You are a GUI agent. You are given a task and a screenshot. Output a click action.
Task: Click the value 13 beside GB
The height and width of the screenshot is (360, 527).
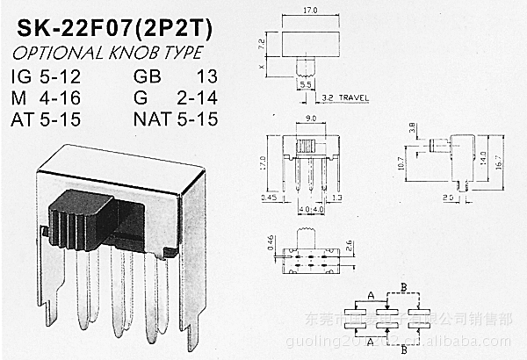(x=205, y=75)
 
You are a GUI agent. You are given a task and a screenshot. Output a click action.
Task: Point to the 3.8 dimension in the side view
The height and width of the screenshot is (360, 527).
(x=414, y=129)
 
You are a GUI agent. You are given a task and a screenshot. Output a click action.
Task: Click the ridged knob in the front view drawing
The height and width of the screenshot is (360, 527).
(x=307, y=144)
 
